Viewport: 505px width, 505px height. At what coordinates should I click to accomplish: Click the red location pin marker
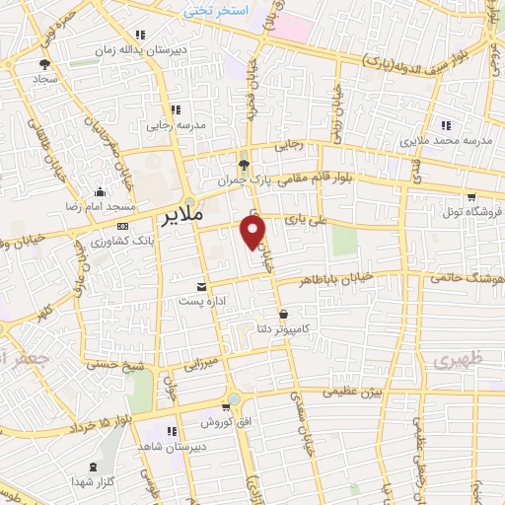click(253, 231)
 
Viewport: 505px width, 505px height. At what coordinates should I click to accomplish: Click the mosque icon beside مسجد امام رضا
click(99, 191)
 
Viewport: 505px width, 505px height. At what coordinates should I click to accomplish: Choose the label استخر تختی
click(211, 10)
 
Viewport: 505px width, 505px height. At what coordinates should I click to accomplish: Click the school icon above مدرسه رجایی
click(176, 109)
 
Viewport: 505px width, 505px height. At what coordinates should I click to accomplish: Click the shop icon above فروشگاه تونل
click(471, 196)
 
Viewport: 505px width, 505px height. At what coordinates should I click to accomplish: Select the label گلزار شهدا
click(94, 480)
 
